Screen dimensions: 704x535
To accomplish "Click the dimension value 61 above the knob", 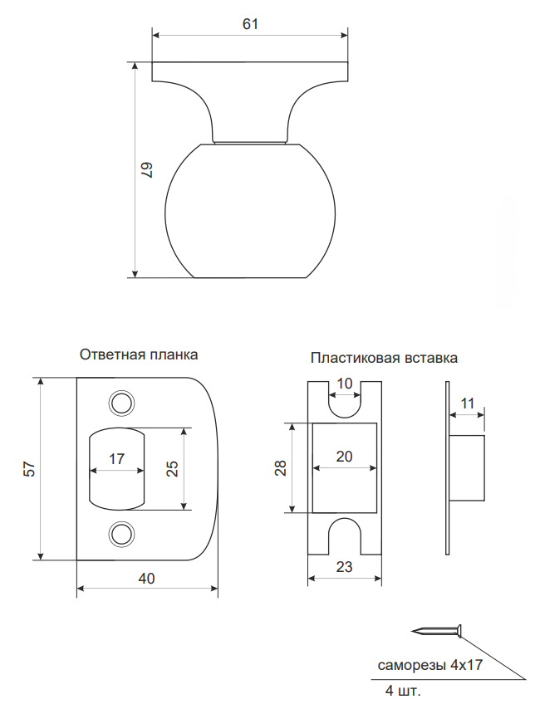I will pyautogui.click(x=250, y=24).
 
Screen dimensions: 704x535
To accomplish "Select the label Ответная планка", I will pyautogui.click(x=139, y=354).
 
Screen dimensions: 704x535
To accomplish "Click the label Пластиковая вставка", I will pyautogui.click(x=384, y=359).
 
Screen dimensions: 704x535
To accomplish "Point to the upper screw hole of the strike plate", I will pyautogui.click(x=122, y=403).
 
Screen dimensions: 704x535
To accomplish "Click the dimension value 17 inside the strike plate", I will pyautogui.click(x=116, y=458).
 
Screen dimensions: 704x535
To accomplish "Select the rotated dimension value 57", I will pyautogui.click(x=29, y=468).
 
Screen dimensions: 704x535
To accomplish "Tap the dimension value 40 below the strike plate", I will pyautogui.click(x=146, y=579).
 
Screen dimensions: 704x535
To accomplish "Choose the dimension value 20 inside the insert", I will pyautogui.click(x=344, y=456).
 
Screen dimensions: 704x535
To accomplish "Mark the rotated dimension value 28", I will pyautogui.click(x=280, y=468).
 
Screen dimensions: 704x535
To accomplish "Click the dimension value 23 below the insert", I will pyautogui.click(x=344, y=568).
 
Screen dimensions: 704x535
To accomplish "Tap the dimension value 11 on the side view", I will pyautogui.click(x=468, y=403).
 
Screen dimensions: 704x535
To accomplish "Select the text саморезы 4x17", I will pyautogui.click(x=430, y=666).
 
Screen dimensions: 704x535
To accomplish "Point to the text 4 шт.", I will pyautogui.click(x=403, y=691).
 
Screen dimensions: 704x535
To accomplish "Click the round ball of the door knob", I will pyautogui.click(x=250, y=211).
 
